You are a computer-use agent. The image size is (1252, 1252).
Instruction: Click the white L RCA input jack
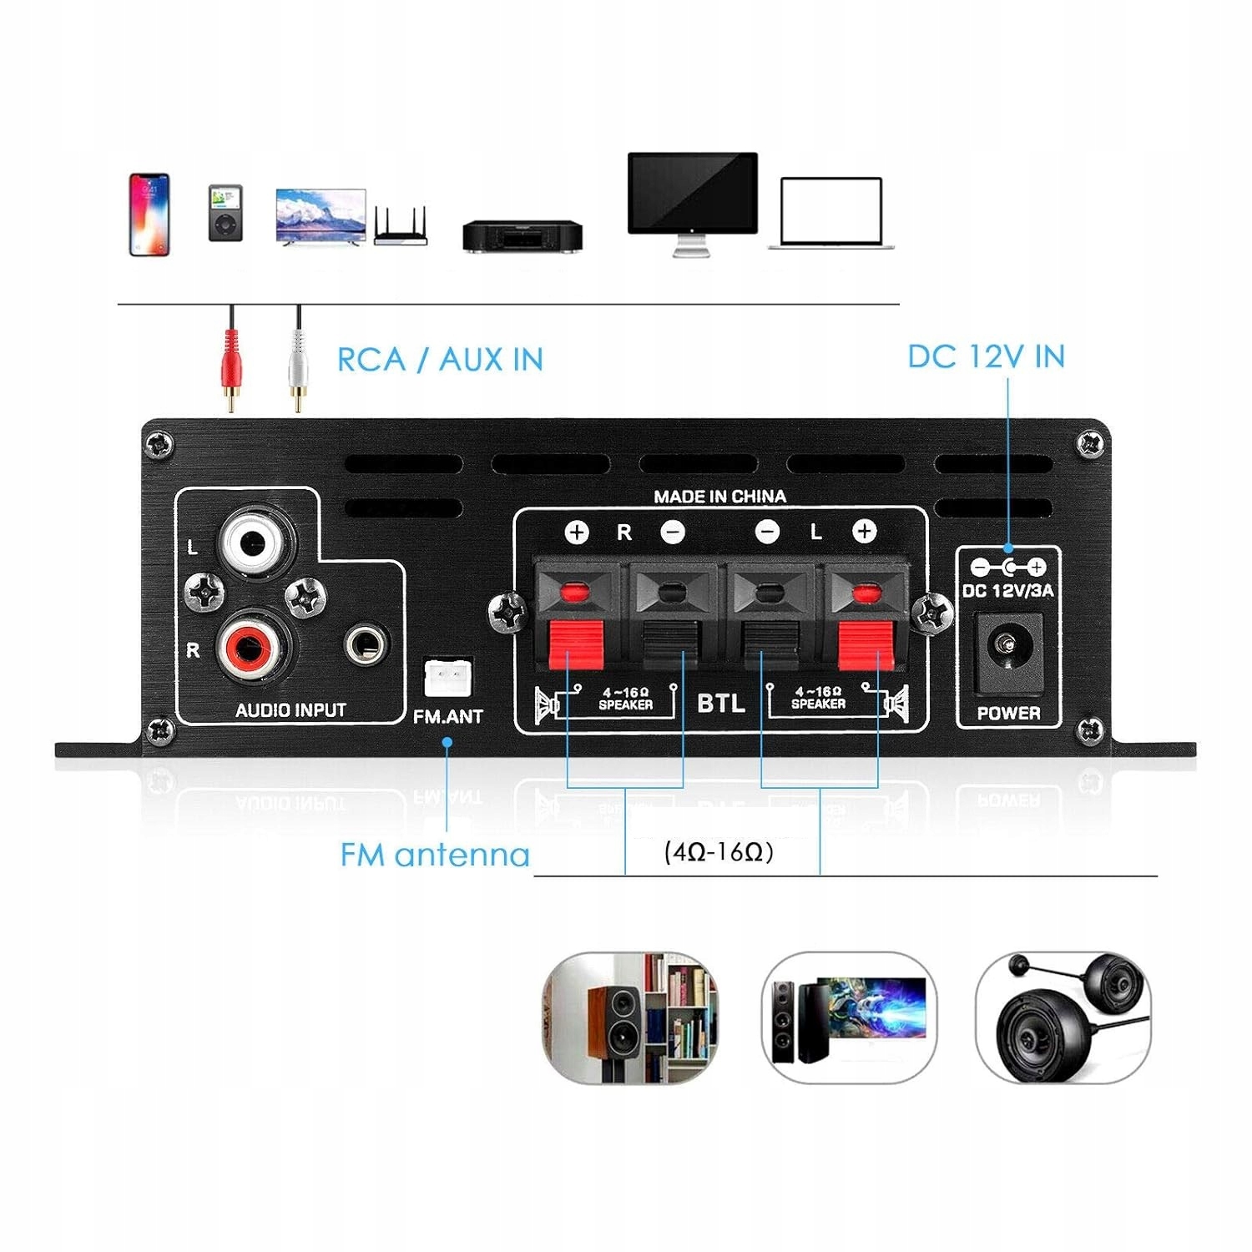point(254,544)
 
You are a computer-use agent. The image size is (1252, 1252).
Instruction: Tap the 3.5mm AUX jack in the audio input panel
point(366,644)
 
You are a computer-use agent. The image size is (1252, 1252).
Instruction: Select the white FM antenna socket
point(447,677)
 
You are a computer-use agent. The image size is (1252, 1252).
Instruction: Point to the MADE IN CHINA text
point(719,497)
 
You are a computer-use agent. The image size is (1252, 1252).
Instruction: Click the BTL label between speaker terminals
point(721,703)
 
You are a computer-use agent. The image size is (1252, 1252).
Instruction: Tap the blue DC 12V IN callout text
point(986,356)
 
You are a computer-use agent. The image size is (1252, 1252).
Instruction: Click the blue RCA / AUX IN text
point(440,360)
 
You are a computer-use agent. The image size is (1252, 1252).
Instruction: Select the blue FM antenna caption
point(435,855)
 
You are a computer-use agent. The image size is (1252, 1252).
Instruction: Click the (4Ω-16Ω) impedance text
point(719,852)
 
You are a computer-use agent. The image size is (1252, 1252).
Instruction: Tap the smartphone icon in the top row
point(149,215)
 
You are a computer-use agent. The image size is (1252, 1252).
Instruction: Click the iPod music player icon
point(225,213)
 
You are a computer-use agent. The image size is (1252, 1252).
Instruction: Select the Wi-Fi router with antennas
point(401,226)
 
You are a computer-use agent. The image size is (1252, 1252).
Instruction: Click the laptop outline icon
point(831,213)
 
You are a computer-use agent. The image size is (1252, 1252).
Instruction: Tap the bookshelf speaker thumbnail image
point(631,1017)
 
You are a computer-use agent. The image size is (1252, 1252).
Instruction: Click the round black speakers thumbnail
point(1063,1017)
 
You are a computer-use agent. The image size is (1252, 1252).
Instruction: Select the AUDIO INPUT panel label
point(290,710)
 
